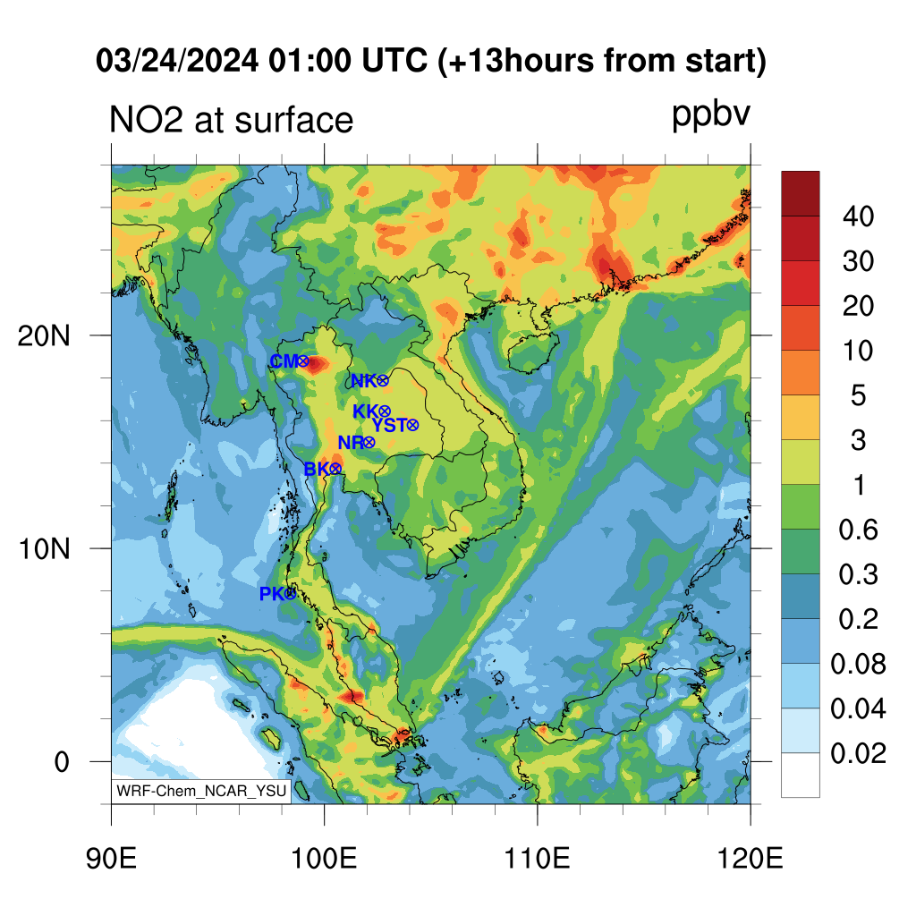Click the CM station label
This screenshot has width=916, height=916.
284,361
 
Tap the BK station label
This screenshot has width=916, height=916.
317,469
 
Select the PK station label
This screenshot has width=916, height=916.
272,594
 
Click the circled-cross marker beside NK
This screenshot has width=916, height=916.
383,381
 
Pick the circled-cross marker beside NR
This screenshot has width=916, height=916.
369,442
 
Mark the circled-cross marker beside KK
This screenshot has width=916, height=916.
385,411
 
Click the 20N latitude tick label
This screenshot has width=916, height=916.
44,336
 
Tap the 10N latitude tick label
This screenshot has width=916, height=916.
44,549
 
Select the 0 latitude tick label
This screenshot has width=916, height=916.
62,762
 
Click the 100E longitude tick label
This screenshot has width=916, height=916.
324,859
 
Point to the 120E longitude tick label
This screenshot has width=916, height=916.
751,859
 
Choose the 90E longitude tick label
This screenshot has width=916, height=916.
111,859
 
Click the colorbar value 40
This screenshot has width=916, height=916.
858,216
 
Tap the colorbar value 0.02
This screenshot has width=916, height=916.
858,753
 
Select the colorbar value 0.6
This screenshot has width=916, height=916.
858,530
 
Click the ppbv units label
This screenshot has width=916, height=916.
711,115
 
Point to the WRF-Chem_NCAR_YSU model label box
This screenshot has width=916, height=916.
201,791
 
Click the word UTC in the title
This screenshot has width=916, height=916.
394,60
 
